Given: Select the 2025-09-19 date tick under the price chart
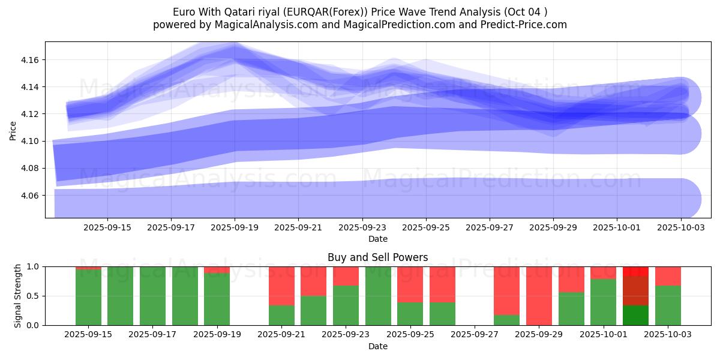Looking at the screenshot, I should pos(235,227).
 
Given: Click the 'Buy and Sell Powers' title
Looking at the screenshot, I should pos(377,257).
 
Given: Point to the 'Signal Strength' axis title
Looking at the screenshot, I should pos(17,296).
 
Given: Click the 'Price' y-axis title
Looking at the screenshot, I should pos(13,130).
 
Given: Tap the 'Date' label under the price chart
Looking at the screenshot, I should pos(377,239).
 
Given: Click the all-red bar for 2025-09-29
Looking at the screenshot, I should pos(539,296).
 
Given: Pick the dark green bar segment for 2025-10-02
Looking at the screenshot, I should pos(635,315).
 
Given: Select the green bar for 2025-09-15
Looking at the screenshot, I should pos(88,298).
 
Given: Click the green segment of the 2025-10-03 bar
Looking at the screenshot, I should pos(668,305).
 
